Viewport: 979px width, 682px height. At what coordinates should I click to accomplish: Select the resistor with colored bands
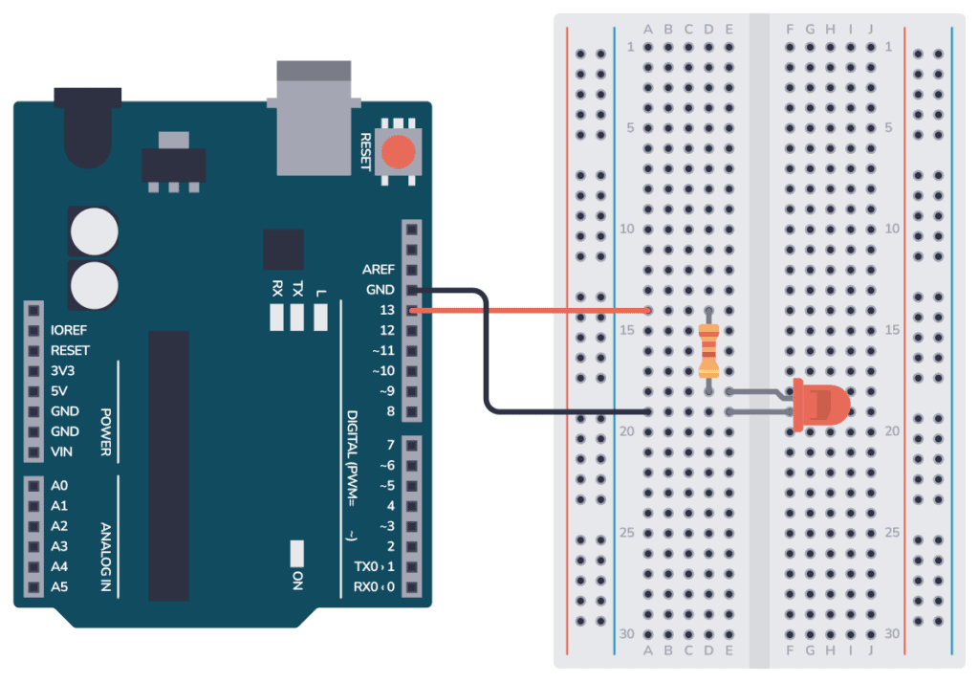click(x=708, y=351)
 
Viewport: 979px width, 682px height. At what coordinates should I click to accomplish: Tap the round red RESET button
click(x=399, y=152)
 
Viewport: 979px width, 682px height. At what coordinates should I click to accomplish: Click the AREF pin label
click(x=379, y=270)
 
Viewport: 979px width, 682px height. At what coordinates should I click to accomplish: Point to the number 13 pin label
click(x=387, y=310)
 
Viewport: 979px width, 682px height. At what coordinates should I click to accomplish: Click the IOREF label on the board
click(x=70, y=330)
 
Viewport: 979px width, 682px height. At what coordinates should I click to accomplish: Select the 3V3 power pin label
click(x=63, y=370)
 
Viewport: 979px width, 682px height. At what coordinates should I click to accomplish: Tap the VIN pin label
click(x=61, y=451)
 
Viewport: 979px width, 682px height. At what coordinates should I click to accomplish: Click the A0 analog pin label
click(x=59, y=486)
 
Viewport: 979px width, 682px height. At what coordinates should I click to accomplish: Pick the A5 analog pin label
click(x=59, y=586)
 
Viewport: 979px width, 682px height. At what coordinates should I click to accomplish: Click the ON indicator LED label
click(x=297, y=579)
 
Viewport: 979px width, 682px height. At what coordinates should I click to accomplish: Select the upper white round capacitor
click(x=94, y=231)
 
